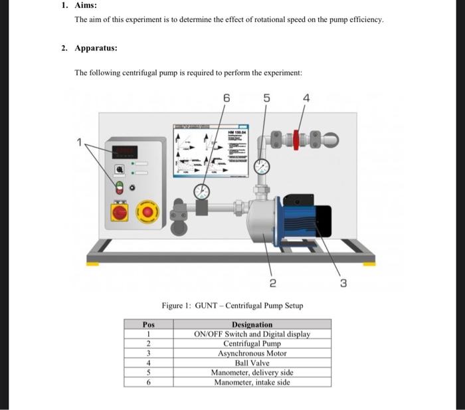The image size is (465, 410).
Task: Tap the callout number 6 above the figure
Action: pos(226,98)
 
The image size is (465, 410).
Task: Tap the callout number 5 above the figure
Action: pos(266,98)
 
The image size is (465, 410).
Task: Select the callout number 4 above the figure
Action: pos(306,98)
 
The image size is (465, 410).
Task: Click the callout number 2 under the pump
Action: pos(273,283)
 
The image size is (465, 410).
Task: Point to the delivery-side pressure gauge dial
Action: pos(262,166)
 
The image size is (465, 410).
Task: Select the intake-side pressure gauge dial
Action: pos(202,192)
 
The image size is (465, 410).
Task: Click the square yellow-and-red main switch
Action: pos(120,213)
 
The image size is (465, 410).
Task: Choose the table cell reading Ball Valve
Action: pos(251,363)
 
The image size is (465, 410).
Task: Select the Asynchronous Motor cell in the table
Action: pos(251,354)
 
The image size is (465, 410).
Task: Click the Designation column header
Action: pos(251,324)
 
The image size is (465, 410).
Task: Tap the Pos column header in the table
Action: pos(148,324)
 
